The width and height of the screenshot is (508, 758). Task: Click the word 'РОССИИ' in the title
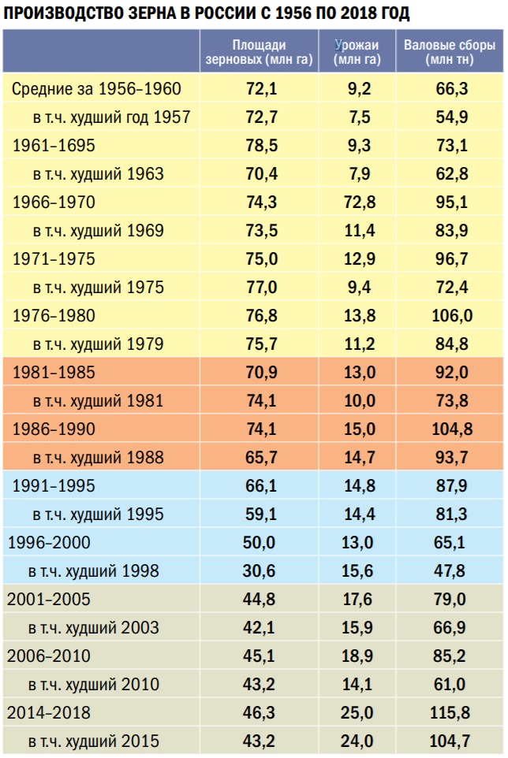click(222, 15)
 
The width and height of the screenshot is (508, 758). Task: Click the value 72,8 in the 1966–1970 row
click(359, 203)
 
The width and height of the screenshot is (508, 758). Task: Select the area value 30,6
click(261, 571)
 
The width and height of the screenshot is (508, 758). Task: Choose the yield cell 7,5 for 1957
click(359, 117)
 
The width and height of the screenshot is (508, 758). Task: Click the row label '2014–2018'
click(49, 713)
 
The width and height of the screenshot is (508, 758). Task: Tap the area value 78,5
click(261, 146)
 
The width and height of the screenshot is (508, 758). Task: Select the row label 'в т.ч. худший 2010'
click(93, 685)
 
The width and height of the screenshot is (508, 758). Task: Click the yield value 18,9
click(359, 656)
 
